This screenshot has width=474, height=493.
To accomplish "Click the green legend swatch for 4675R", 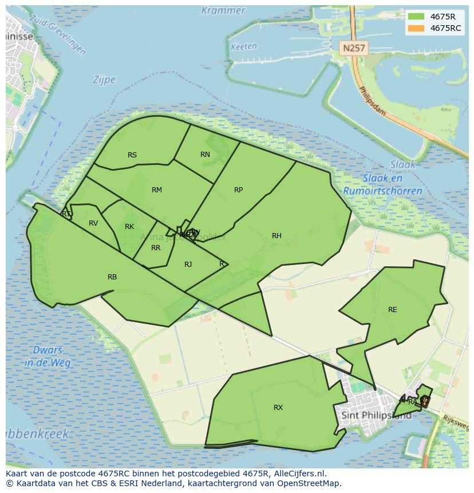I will [x=416, y=16].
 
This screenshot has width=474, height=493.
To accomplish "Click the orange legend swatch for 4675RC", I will [x=416, y=28].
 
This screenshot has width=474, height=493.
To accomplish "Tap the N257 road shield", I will [x=353, y=49].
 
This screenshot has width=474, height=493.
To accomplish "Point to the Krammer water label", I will [x=223, y=10].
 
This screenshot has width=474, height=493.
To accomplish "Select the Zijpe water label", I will [x=104, y=80].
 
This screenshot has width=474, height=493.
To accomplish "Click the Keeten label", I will [x=244, y=47].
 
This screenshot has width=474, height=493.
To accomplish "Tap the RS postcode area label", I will [x=132, y=155].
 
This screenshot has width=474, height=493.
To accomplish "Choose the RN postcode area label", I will [x=205, y=155].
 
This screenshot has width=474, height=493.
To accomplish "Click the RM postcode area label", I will [x=157, y=190].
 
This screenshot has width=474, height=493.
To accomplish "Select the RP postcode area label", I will [x=239, y=190].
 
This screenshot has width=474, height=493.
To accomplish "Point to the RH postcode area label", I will [x=276, y=236].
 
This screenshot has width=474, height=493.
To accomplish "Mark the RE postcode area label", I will [x=392, y=310].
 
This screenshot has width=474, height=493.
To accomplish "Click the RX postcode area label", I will [x=278, y=408].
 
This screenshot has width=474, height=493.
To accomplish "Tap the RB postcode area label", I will [x=112, y=277].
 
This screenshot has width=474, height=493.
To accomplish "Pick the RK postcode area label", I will [x=129, y=227].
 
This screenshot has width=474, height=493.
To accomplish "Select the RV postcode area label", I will [x=93, y=223].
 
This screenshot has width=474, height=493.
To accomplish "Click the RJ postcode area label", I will [x=188, y=264].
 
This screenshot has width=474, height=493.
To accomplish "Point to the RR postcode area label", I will [x=156, y=248].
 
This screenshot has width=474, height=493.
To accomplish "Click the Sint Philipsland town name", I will [x=376, y=415].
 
